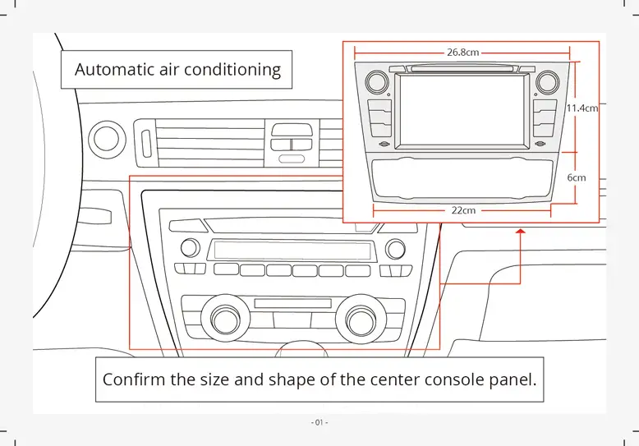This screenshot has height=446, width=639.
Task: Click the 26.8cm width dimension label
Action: pos(462,52)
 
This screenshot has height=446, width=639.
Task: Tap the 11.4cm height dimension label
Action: pos(582,108)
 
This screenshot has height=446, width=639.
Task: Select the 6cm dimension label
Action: pos(577,177)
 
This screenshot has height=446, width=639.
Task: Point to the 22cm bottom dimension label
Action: pos(463,210)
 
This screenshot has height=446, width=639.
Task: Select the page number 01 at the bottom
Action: pos(319,422)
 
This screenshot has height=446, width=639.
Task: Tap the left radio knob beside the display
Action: pos(190,247)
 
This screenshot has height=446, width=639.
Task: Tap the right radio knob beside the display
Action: pos(396,248)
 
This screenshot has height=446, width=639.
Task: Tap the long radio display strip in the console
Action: pos(292,250)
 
